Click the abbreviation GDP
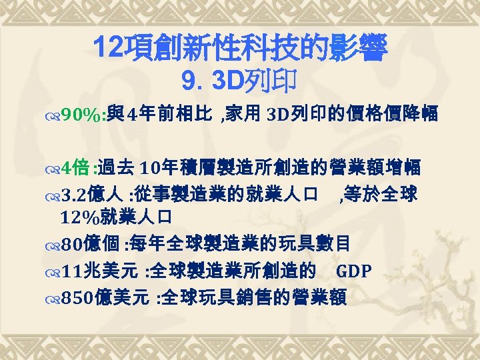(x=354, y=271)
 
